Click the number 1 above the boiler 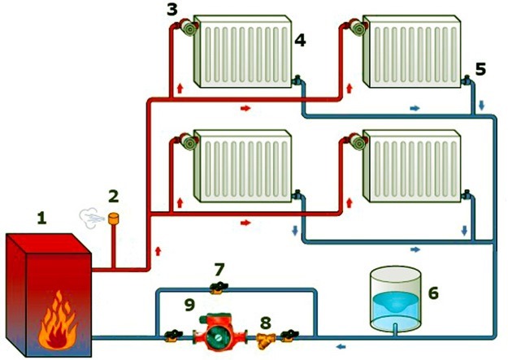click(41, 218)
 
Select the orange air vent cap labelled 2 click(113, 219)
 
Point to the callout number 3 click(172, 9)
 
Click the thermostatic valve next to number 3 click(189, 27)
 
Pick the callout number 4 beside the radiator click(300, 41)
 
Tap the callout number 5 click(480, 69)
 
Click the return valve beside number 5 click(467, 80)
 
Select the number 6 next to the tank click(433, 293)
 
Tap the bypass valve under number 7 click(219, 288)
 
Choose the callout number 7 click(219, 270)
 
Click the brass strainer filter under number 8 click(265, 340)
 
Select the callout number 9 click(189, 305)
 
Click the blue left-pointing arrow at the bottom click(341, 347)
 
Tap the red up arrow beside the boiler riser click(158, 251)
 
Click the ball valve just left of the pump click(173, 336)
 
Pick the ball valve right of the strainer click(289, 336)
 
